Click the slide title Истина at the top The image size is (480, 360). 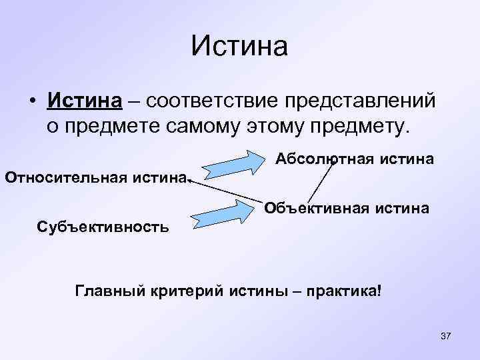click(239, 47)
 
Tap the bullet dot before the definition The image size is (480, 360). click(32, 101)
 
